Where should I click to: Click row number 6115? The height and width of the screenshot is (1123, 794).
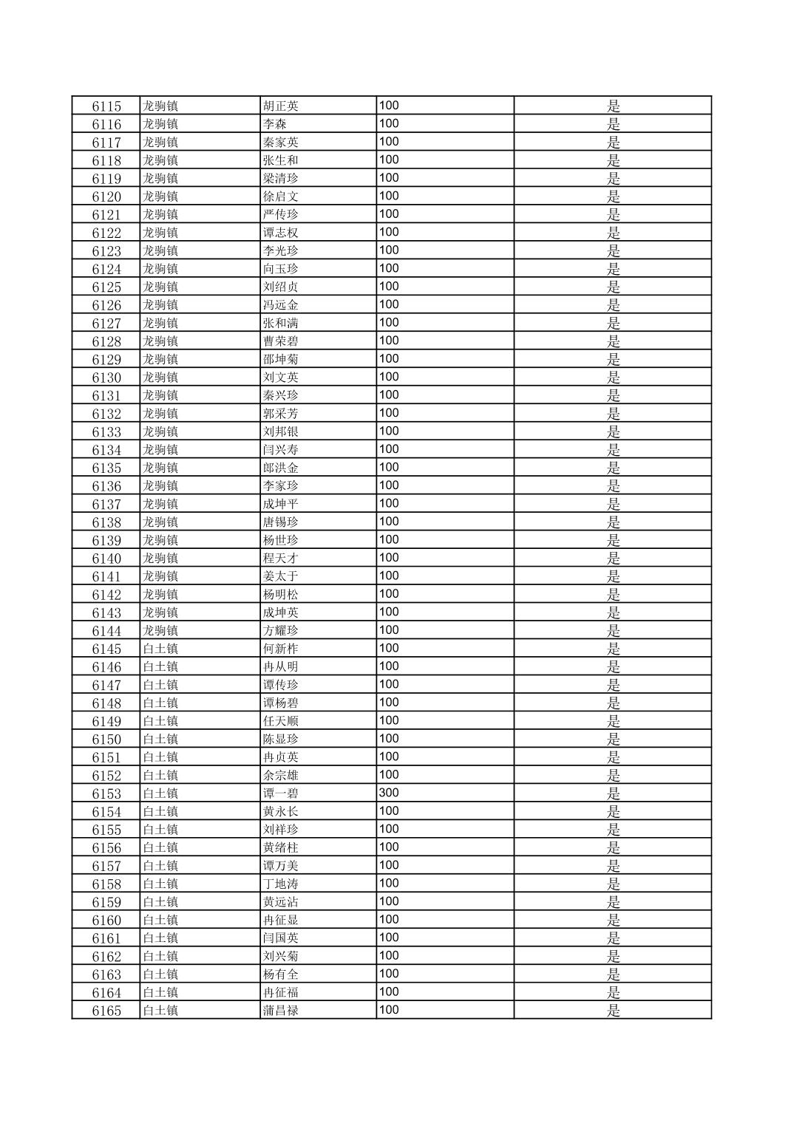coord(106,106)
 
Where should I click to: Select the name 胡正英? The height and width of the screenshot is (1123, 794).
coord(281,106)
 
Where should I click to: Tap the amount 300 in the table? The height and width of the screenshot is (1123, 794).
coord(389,793)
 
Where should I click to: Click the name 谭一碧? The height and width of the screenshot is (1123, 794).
coord(281,793)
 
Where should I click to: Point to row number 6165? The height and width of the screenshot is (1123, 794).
coord(106,1011)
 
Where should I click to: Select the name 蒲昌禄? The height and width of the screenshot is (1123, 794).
coord(281,1011)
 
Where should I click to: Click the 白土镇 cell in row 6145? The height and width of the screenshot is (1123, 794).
coord(160,649)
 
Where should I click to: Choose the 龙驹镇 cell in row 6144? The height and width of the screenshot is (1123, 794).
coord(160,630)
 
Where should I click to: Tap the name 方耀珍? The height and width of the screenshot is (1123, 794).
coord(281,630)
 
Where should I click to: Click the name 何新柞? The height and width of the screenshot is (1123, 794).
coord(281,649)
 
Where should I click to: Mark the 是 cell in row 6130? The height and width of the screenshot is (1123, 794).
coord(613,378)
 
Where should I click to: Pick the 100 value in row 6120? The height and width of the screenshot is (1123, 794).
coord(389,196)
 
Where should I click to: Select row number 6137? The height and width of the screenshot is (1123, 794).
coord(106,504)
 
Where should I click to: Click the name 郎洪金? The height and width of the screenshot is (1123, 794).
coord(281,468)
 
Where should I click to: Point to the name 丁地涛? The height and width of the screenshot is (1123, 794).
coord(281,884)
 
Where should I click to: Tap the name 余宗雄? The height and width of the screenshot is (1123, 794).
coord(281,775)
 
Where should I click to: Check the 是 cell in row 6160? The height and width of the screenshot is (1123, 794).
coord(613,920)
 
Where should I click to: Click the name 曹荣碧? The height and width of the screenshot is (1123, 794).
coord(281,341)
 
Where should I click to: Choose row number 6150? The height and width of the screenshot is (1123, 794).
coord(106,739)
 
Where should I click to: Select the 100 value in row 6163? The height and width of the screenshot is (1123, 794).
coord(389,974)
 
